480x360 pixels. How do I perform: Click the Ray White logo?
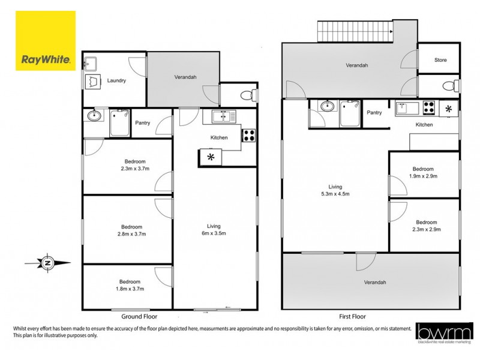pos(46,41)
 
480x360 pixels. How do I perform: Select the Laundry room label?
pos(116,80)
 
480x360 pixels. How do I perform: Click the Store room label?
pos(440,61)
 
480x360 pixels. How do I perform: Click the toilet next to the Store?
pos(449,86)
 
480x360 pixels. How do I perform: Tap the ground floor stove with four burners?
pos(249,135)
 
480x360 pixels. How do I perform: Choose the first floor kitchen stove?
pos(429,108)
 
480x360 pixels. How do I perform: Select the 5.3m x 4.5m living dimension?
pos(335,194)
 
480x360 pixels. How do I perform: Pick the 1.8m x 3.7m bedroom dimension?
pos(130,289)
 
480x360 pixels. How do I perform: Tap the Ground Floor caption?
pos(139,316)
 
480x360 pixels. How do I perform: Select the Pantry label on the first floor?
pos(374,112)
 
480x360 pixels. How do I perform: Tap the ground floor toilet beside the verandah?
pos(247,94)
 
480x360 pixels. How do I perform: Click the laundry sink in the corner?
pos(91,62)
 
